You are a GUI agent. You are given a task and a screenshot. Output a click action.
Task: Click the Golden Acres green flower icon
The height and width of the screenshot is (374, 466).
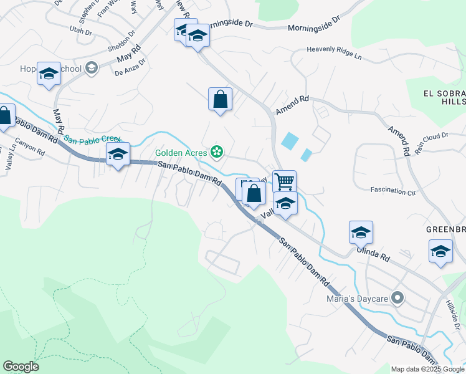217,151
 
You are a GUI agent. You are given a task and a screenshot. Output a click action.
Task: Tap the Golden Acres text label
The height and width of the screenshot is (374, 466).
182,151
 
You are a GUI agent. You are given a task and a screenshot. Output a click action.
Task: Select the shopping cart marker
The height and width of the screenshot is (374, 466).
284,181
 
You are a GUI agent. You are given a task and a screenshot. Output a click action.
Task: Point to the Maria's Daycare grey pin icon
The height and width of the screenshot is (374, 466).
396,298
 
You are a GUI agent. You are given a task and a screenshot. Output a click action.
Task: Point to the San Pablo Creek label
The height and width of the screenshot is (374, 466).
93,140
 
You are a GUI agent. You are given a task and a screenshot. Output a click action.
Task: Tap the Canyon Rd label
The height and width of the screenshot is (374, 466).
31,146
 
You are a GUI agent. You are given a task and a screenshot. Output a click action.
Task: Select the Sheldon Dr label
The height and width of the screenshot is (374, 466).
121,41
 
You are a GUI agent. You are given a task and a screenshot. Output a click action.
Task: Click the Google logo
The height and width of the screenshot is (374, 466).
21,367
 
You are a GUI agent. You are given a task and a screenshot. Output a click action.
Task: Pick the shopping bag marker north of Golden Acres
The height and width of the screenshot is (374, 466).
220,99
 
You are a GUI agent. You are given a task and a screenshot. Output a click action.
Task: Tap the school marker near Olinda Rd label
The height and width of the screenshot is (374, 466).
361,233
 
